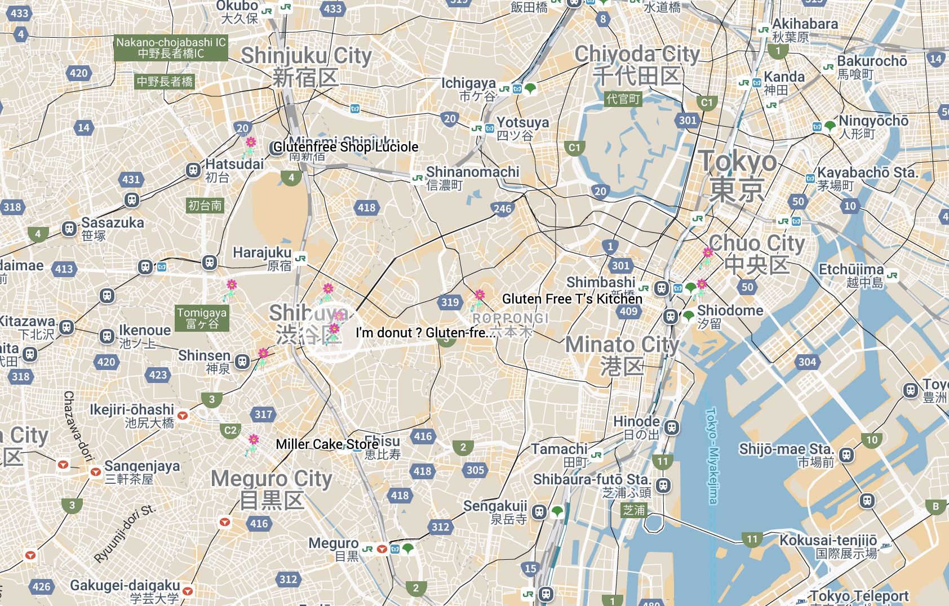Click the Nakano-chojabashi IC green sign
coord(171,48)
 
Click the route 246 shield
coord(502,209)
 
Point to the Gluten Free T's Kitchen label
coord(572,299)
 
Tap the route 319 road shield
coord(450,302)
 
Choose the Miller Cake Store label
coord(327,444)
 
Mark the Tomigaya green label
coord(202,318)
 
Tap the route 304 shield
coord(807,362)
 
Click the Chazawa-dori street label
coord(77,426)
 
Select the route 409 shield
coord(628,311)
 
